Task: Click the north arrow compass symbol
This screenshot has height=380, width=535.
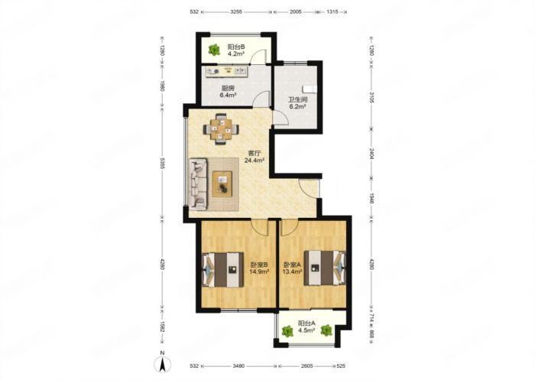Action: pyautogui.click(x=163, y=364)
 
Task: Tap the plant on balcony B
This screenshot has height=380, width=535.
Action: pyautogui.click(x=214, y=50)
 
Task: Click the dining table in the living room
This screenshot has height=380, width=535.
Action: pyautogui.click(x=221, y=129)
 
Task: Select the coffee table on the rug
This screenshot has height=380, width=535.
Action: pyautogui.click(x=222, y=184)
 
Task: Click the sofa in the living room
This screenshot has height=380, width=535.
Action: pyautogui.click(x=199, y=184)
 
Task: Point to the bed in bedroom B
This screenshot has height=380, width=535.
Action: pyautogui.click(x=223, y=269)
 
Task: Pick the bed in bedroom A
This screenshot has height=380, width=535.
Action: pyautogui.click(x=325, y=268)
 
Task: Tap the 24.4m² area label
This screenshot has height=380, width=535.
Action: pyautogui.click(x=255, y=160)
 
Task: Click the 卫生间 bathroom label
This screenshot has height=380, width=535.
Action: pyautogui.click(x=297, y=100)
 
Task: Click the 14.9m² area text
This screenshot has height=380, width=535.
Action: pyautogui.click(x=259, y=271)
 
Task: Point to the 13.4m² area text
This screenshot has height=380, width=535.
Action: pyautogui.click(x=293, y=271)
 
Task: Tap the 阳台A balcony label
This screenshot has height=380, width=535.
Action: pyautogui.click(x=306, y=323)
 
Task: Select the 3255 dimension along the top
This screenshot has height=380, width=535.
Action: pyautogui.click(x=236, y=11)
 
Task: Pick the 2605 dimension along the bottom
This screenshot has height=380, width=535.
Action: pyautogui.click(x=306, y=366)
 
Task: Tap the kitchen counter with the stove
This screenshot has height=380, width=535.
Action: pyautogui.click(x=226, y=71)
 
